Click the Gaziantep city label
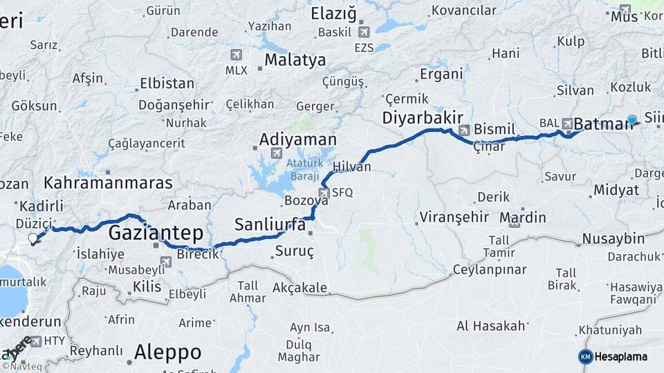pos(156,231)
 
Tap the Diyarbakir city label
pos(423,118)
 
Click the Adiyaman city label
pos(297,139)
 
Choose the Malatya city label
pos(295,59)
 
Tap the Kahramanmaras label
pos(108,183)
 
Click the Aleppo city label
pos(167,352)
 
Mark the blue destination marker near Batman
pos(631,120)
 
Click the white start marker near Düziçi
pos(33,239)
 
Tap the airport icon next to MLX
pos(237,55)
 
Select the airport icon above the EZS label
pos(365,32)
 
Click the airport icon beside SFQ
pos(324,193)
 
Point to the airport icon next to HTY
pos(36,341)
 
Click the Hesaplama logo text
pos(620,356)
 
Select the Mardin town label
pos(523,218)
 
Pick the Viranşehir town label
pos(454,218)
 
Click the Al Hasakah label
pos(490,325)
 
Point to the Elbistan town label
pos(167,84)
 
